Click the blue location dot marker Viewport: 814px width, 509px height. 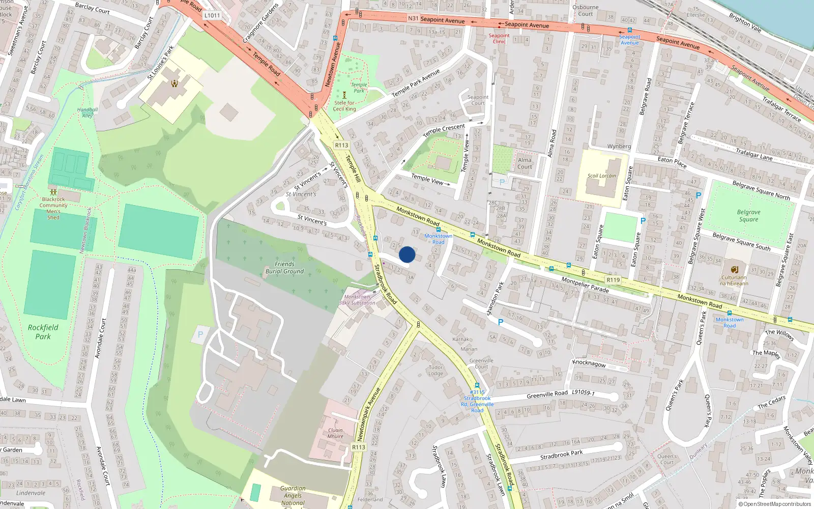pos(407,254)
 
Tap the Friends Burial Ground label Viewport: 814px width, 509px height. pos(284,268)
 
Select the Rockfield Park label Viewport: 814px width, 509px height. pos(43,332)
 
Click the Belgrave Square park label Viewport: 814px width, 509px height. pos(748,216)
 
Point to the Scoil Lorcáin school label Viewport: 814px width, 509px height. pos(601,176)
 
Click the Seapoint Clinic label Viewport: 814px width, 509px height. pos(499,39)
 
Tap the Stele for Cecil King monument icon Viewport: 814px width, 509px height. pos(344,95)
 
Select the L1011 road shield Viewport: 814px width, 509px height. pos(212,15)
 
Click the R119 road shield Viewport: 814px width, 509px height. pos(613,280)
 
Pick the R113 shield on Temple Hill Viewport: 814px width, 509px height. pos(341,146)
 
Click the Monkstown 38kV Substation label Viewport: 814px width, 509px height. pos(357,300)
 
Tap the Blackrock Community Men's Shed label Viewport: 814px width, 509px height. pos(53,208)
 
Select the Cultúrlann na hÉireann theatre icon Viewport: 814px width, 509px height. pos(734,269)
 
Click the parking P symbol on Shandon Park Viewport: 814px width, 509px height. pos(501,322)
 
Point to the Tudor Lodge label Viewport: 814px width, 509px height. pos(435,370)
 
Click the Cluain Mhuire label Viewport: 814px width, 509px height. pos(335,433)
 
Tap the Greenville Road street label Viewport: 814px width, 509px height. pos(547,394)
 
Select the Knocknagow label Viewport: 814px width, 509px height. pos(589,363)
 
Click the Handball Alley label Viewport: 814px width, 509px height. pos(88,112)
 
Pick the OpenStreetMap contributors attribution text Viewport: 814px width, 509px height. pos(777,504)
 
